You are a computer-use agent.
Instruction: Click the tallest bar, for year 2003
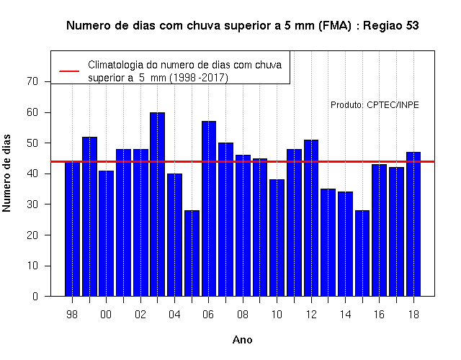157,204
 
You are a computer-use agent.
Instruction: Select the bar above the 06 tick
209,209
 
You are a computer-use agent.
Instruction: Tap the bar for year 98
72,229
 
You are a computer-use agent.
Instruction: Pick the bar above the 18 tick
413,224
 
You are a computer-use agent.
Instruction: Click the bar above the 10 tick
277,238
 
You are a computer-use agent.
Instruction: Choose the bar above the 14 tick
345,244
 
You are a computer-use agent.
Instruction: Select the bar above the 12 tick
311,218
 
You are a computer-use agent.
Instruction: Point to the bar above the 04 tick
174,235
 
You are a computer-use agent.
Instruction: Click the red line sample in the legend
69,71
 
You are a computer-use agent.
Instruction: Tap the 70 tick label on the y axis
32,81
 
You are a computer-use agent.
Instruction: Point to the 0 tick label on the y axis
35,296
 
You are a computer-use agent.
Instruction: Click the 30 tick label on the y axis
32,204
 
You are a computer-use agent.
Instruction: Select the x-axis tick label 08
243,315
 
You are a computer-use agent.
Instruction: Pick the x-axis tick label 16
380,315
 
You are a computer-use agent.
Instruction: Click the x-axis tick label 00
106,315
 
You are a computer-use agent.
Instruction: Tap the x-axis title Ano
243,340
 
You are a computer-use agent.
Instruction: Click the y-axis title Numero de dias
6,174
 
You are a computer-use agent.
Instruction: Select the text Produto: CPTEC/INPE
375,105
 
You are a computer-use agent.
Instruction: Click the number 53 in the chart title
412,26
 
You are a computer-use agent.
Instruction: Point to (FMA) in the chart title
335,26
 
